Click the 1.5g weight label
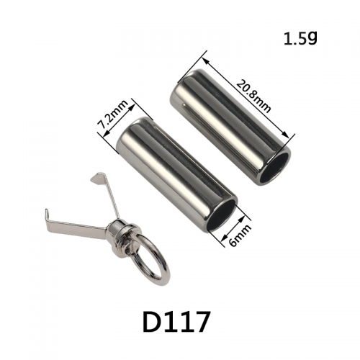coord(300,39)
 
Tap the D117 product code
coord(176,321)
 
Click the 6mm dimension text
coord(240,235)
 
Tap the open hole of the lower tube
coord(221,213)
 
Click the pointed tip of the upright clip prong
coord(91,179)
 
